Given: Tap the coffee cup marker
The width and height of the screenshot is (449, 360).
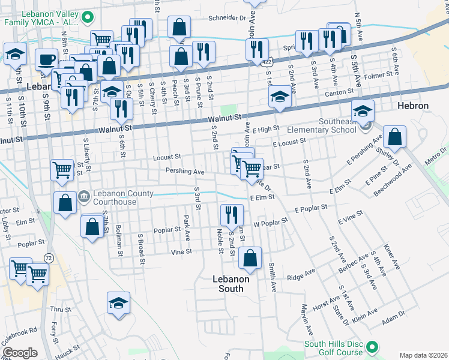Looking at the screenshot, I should pyautogui.click(x=46, y=60).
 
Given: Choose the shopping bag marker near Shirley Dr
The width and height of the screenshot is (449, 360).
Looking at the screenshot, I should pyautogui.click(x=396, y=137).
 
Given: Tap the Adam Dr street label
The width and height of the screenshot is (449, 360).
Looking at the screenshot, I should pyautogui.click(x=394, y=316).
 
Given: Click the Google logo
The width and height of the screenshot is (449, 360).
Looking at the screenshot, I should pyautogui.click(x=20, y=353).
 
